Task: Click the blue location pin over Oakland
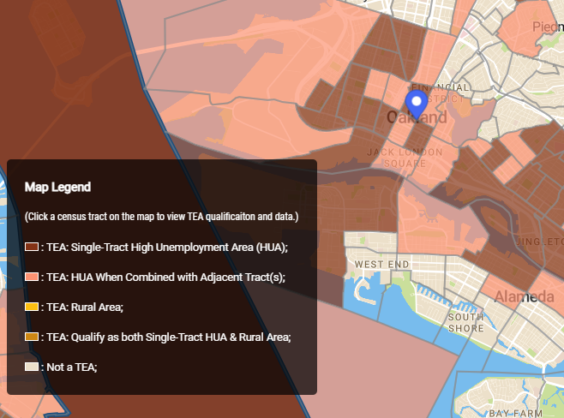pos(417,104)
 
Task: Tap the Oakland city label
pos(417,117)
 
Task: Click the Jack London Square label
pos(405,158)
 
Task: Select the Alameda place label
pos(524,297)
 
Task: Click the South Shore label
pos(466,322)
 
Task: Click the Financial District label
pos(440,93)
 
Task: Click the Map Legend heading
pos(58,186)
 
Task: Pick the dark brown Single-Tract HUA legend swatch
pos(32,247)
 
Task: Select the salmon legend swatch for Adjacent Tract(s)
pos(32,277)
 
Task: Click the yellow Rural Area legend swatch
pos(32,307)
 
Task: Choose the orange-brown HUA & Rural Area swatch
pos(32,337)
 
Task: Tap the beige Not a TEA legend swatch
pos(32,367)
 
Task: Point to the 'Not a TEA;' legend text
pos(72,367)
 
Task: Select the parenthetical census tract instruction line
pos(161,216)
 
